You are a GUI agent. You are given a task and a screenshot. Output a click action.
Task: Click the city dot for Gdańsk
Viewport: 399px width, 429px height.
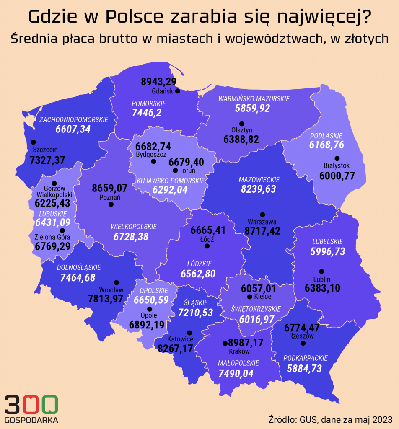point(177,91)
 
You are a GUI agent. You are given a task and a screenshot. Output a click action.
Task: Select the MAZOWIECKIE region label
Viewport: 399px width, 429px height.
point(259,180)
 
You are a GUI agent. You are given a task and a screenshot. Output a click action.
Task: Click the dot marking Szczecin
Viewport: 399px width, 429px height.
point(33,142)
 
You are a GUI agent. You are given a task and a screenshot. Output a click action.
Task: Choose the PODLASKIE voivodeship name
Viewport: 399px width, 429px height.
point(326,136)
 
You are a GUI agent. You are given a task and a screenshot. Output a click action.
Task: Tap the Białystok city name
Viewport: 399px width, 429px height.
point(337,165)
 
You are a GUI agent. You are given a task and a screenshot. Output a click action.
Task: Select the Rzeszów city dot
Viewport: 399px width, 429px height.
point(303,344)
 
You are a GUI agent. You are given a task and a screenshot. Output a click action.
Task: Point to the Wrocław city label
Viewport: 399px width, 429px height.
point(111,289)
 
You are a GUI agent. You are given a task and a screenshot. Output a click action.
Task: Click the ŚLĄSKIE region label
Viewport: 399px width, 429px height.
point(196,302)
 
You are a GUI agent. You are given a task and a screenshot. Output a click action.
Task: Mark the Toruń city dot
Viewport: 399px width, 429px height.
point(175,171)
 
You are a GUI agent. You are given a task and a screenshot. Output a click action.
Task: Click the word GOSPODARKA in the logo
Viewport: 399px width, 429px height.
point(31,420)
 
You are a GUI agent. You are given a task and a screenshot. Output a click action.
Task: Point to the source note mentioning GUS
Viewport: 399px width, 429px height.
point(330,419)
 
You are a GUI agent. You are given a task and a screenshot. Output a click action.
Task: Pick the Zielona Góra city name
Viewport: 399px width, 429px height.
point(52,238)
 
